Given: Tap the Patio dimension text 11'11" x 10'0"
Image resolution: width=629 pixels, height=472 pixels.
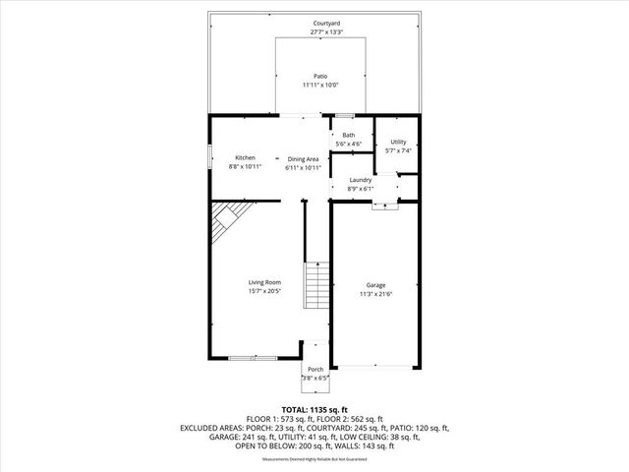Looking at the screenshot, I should point(320,86).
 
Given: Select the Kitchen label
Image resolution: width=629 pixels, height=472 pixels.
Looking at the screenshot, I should point(245,157).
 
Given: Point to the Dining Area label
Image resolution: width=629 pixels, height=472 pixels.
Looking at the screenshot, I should point(303,158).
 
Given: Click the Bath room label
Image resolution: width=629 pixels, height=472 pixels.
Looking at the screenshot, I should point(349,135).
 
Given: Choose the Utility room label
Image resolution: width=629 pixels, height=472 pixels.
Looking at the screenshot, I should point(397,142).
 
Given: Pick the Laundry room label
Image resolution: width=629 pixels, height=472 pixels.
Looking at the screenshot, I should point(360,180).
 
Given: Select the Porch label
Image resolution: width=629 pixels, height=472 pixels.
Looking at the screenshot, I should point(314,370).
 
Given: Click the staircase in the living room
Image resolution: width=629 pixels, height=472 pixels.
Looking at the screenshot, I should point(315,285).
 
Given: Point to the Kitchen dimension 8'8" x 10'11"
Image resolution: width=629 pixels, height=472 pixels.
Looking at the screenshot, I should point(245,166).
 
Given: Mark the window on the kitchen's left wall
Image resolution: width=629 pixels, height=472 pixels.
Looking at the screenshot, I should point(208,157).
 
